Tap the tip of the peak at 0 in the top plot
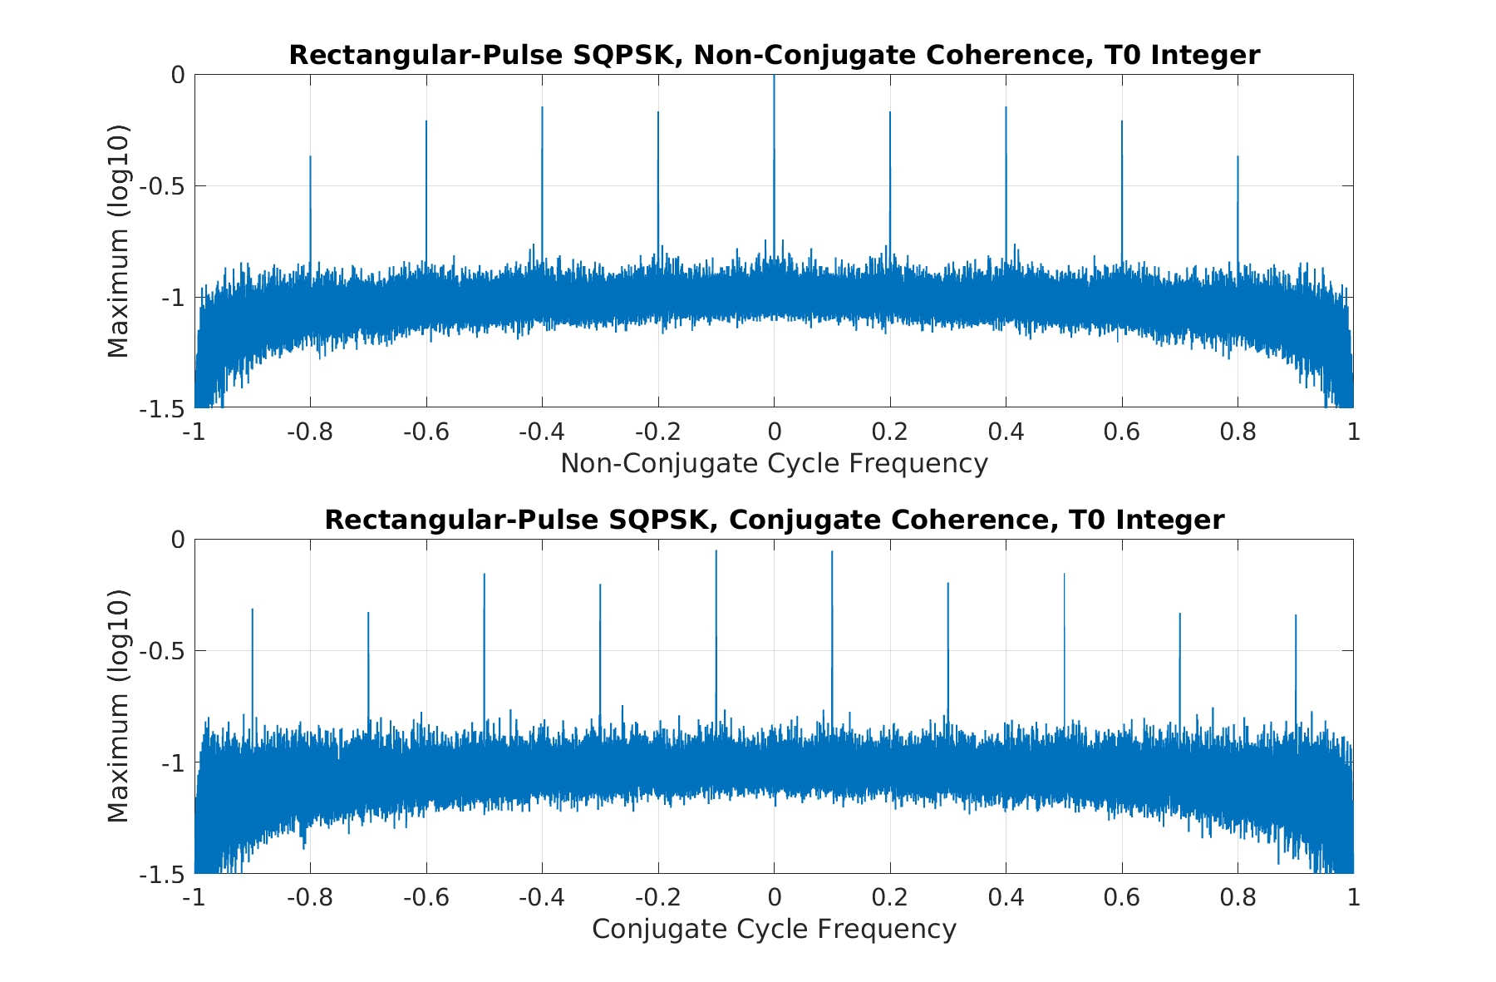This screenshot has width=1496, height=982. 774,76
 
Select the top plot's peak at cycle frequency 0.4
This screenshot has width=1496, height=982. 1006,107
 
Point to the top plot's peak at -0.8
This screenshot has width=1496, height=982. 310,156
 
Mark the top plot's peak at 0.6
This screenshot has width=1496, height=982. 1121,121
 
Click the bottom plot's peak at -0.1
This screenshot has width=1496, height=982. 716,550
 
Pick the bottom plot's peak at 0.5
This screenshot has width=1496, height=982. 1064,574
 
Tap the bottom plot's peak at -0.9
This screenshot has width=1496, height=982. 252,609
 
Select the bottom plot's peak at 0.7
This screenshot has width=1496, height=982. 1179,614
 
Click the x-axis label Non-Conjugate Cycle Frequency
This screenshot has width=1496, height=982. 774,463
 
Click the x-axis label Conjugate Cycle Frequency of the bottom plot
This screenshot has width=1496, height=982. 774,929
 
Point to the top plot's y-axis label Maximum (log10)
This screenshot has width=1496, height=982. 119,241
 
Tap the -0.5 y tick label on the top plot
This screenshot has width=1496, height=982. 161,186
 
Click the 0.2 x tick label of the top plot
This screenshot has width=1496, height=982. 889,432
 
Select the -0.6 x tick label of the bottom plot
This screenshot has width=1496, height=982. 426,898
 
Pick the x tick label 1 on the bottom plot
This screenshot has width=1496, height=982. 1353,898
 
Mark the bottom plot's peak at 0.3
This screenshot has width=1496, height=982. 947,583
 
